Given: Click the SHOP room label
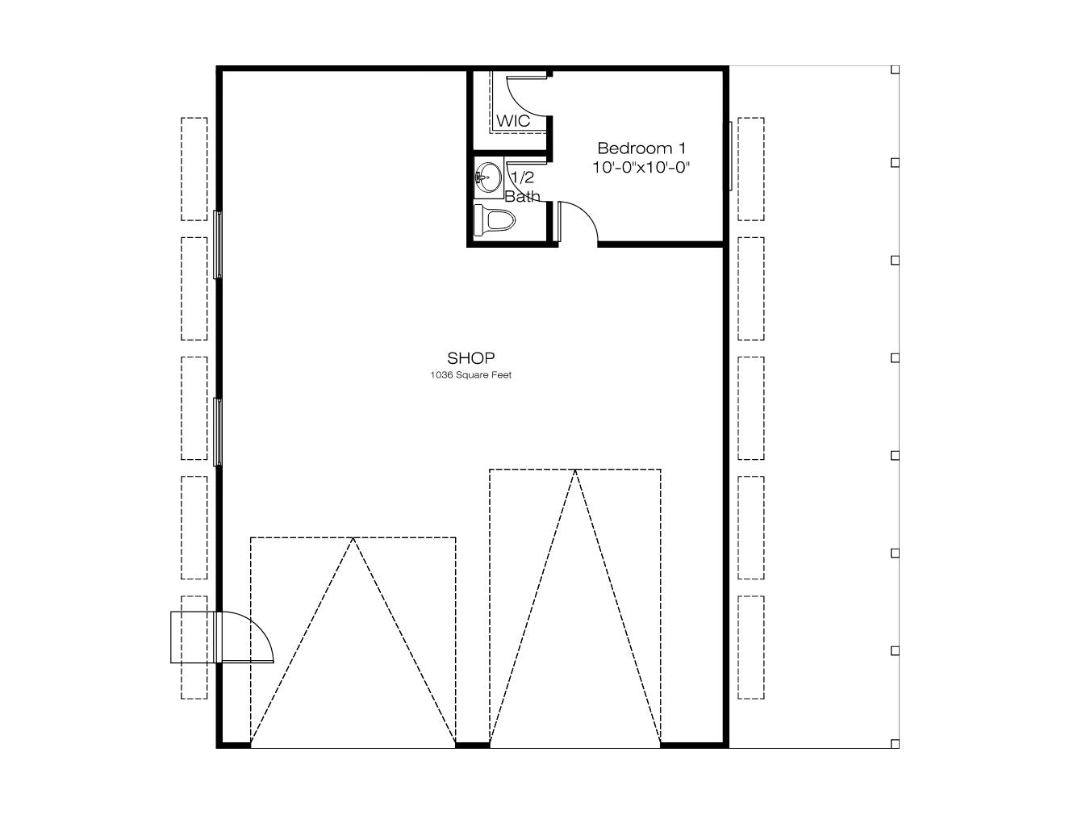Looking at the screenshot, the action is click(470, 357).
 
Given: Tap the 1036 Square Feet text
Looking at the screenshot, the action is click(470, 375).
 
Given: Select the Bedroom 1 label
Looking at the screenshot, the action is click(641, 148).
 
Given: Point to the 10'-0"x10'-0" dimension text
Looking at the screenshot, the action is click(641, 167).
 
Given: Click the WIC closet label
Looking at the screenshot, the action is click(512, 120).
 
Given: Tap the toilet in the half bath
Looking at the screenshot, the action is click(495, 220).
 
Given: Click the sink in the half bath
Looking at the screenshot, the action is click(488, 178).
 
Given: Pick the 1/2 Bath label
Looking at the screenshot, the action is click(523, 186).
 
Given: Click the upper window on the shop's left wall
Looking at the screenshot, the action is click(218, 244).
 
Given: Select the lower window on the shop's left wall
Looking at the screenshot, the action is click(218, 432).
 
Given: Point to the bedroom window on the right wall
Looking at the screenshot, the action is click(730, 156).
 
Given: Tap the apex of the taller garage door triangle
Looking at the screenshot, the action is click(575, 470).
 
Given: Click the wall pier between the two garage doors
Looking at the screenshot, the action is click(473, 745).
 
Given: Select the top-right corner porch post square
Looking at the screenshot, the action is click(895, 69).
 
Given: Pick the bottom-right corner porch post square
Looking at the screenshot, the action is click(895, 744).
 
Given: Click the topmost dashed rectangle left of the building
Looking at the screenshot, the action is click(194, 169).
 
